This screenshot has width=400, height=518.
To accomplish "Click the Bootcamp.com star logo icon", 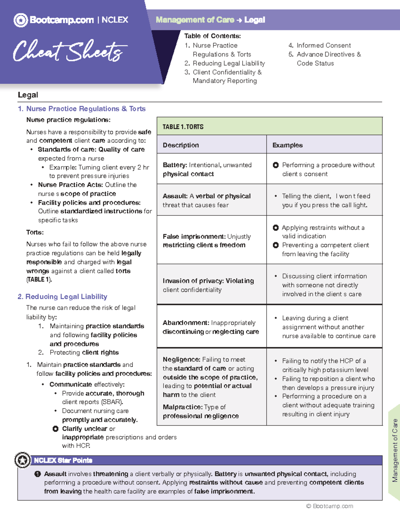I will (x=21, y=20).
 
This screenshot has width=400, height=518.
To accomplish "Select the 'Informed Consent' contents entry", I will (x=323, y=45).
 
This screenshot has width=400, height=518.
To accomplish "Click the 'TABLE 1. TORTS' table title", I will (x=183, y=127).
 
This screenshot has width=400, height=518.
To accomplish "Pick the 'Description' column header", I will (x=181, y=145).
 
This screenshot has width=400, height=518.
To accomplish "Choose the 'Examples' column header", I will (x=287, y=145).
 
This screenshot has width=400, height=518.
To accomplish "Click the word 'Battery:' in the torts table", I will (x=175, y=165).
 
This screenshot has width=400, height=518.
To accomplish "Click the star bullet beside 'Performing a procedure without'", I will (x=276, y=165).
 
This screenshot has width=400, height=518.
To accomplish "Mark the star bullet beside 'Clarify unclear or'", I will (x=56, y=429).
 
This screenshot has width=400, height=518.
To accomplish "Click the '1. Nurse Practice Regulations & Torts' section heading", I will (x=82, y=109).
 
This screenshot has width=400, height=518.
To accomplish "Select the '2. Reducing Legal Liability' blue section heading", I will (x=63, y=297).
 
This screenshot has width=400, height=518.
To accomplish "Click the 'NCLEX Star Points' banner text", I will (x=63, y=460).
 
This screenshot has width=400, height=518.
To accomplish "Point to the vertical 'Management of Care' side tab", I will (x=395, y=450).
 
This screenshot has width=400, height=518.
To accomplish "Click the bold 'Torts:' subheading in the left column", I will (x=35, y=232).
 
